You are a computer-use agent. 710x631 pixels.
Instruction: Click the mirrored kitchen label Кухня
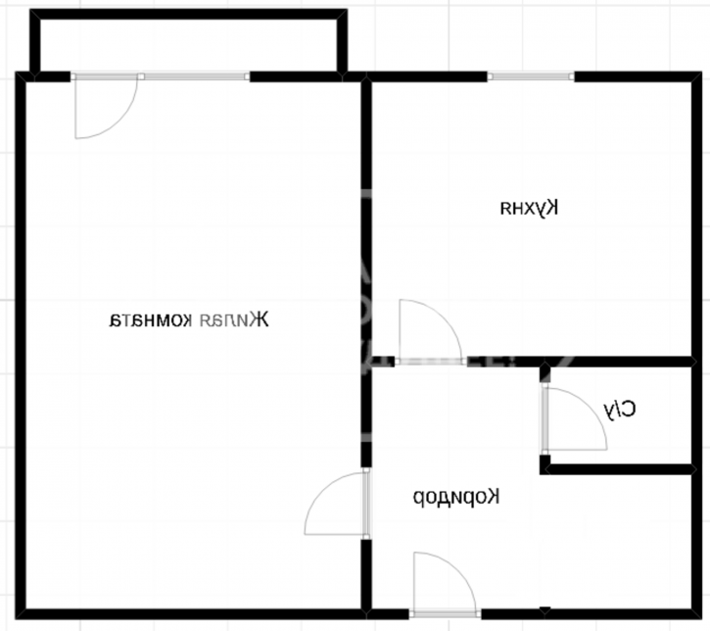pyautogui.click(x=529, y=208)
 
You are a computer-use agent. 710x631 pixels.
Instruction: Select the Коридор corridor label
pyautogui.click(x=455, y=497)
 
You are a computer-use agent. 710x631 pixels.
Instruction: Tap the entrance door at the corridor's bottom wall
pyautogui.click(x=446, y=585)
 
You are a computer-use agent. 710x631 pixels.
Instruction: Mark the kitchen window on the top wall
pyautogui.click(x=530, y=76)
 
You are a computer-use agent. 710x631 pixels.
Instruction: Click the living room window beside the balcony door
pyautogui.click(x=195, y=76)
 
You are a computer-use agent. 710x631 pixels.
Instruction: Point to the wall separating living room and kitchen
pyautogui.click(x=366, y=216)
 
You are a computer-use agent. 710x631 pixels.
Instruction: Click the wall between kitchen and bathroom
pyautogui.click(x=617, y=362)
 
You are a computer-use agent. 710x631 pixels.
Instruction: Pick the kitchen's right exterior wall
pyautogui.click(x=698, y=216)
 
